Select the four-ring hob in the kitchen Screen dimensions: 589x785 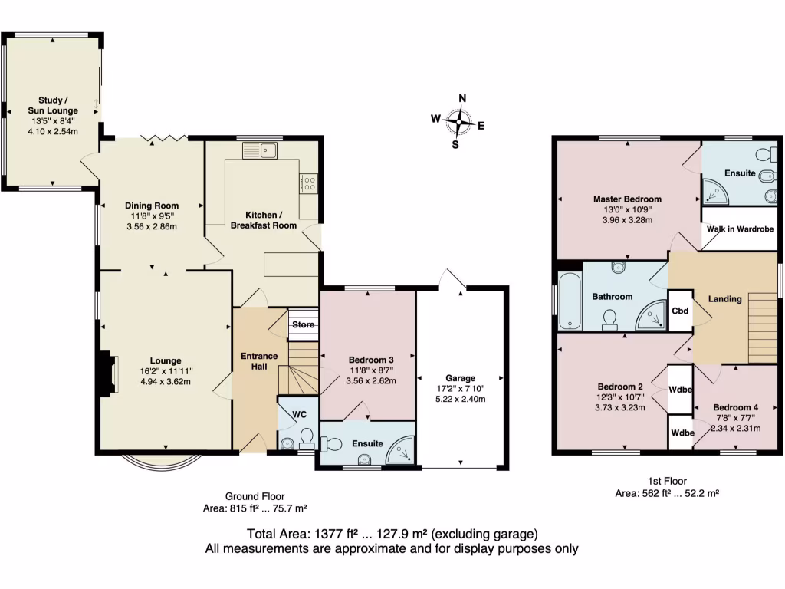310,183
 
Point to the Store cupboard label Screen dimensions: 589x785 304,325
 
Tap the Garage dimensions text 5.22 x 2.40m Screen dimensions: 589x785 460,399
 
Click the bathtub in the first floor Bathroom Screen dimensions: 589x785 568,299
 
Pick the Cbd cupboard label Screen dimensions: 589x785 680,311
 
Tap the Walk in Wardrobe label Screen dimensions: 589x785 739,229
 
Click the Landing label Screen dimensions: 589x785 724,299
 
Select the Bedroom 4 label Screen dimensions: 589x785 735,407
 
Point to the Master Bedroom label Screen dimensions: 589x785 627,199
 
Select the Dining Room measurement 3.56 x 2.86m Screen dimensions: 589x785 152,227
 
